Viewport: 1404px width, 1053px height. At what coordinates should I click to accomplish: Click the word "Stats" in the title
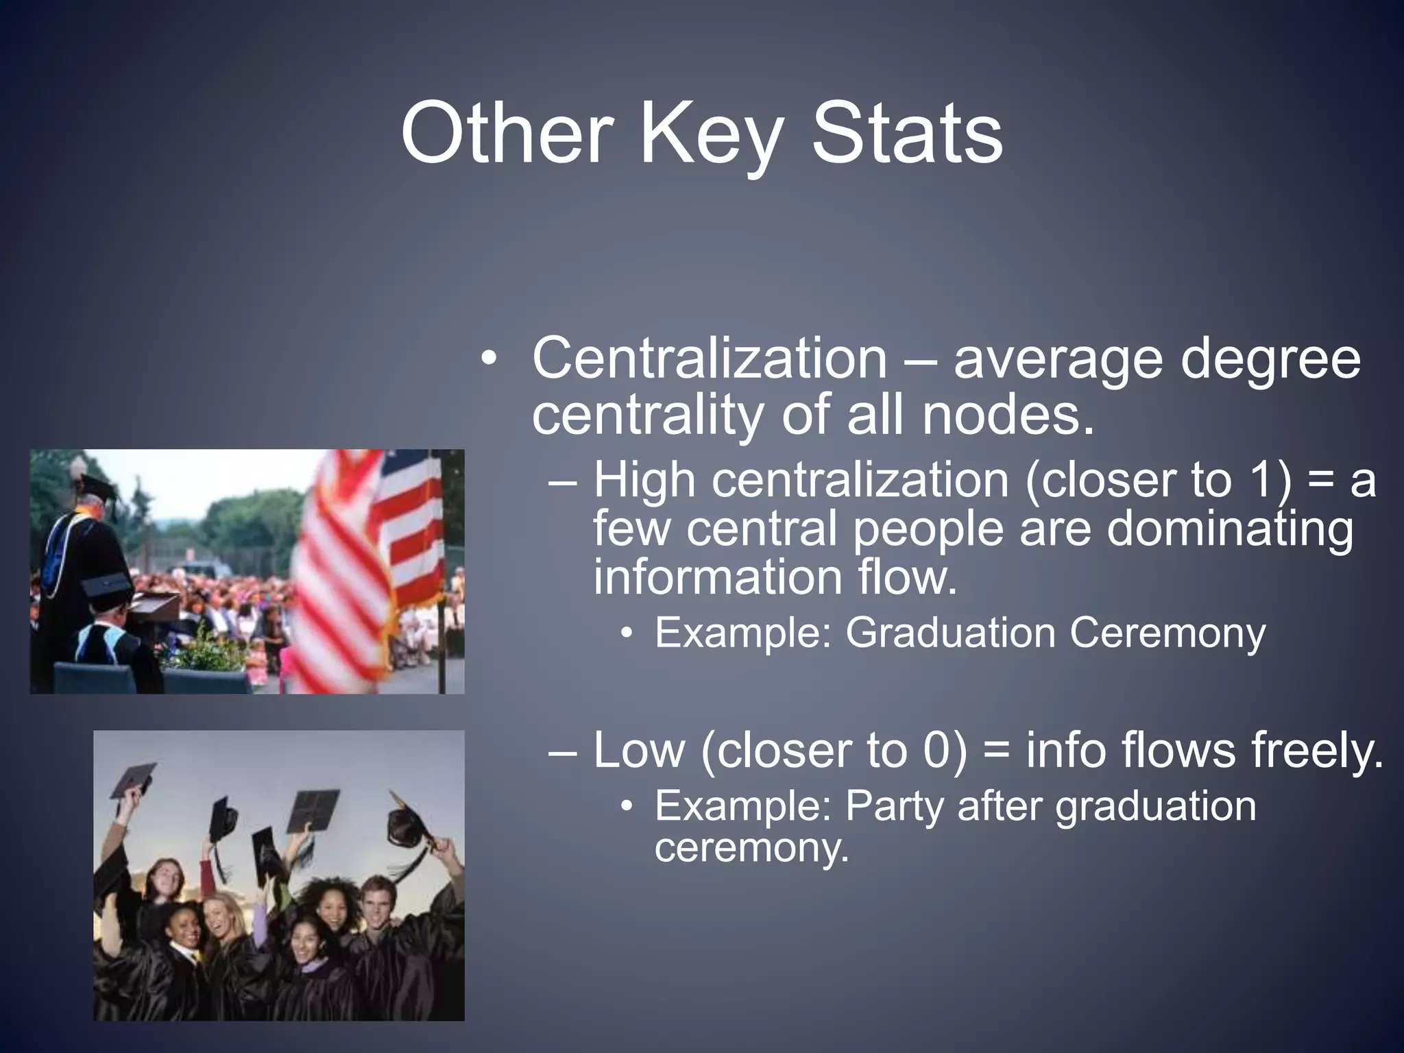906,133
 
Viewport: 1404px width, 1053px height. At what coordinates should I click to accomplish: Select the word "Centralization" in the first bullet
709,359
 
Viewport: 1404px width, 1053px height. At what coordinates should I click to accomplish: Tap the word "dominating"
1230,529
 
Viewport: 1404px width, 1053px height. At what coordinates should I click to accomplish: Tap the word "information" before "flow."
717,577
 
